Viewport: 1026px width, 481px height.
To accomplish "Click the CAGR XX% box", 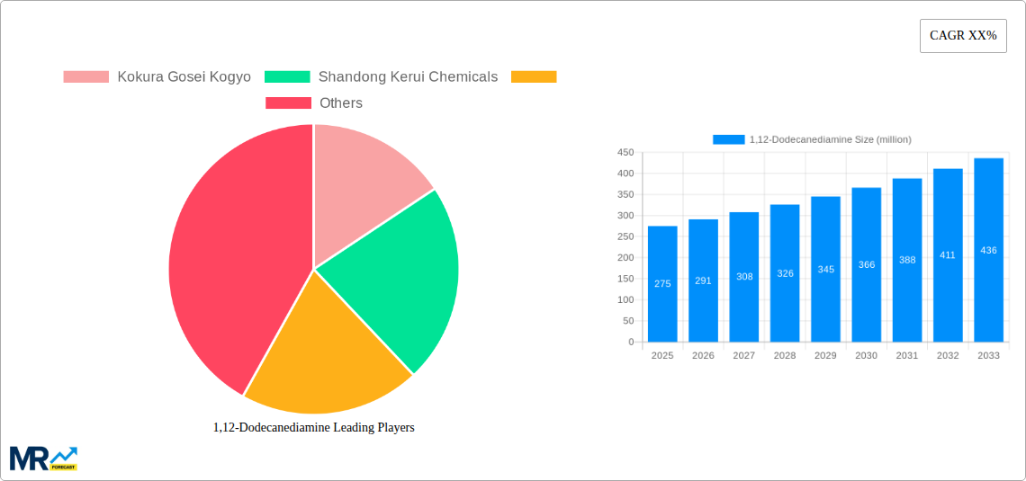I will coord(962,36).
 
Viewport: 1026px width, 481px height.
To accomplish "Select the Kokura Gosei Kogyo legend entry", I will coord(157,77).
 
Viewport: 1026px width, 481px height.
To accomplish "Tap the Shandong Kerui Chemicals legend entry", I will coord(382,77).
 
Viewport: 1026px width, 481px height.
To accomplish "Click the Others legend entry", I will coord(314,103).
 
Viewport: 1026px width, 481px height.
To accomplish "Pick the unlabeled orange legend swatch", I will coord(534,77).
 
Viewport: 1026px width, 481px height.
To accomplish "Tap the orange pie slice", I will coord(324,351).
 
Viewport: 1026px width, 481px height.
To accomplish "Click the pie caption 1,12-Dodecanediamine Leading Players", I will coord(314,427).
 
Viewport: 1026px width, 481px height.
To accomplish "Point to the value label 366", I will coord(866,264).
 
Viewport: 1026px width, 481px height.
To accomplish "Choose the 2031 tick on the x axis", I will coord(906,356).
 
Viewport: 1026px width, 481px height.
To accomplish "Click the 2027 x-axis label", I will coord(743,356).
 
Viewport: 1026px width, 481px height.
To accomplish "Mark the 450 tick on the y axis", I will coord(625,153).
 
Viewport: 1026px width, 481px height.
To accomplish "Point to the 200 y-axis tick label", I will coord(625,258).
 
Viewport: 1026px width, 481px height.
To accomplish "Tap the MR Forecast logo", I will coord(43,458).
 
